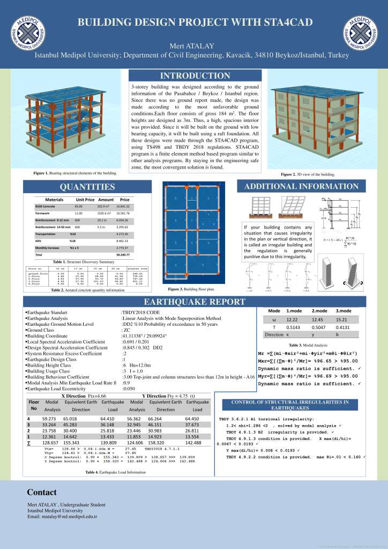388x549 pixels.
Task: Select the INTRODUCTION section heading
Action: (x=195, y=76)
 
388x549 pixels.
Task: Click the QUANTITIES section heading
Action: (x=87, y=187)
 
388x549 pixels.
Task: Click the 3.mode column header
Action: (x=344, y=311)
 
